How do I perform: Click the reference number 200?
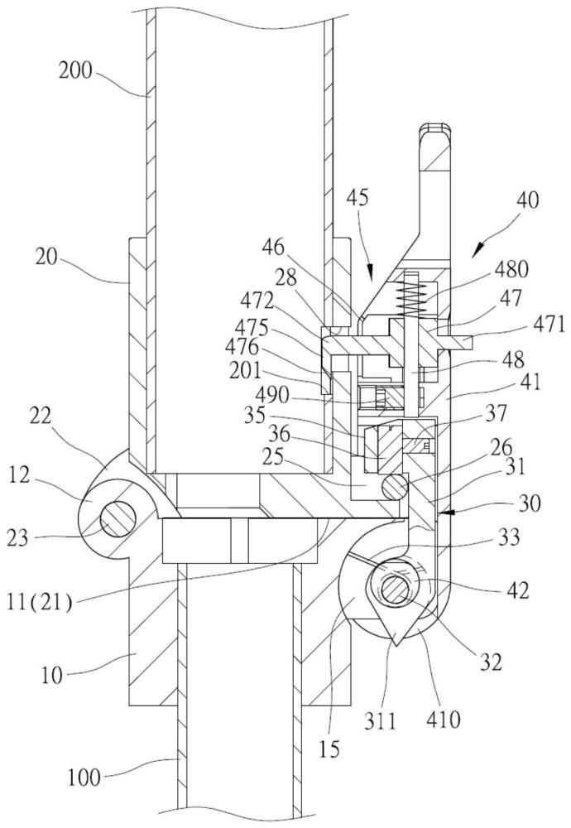click(x=75, y=70)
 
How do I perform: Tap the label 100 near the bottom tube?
click(x=84, y=777)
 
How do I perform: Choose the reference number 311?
click(x=380, y=720)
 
